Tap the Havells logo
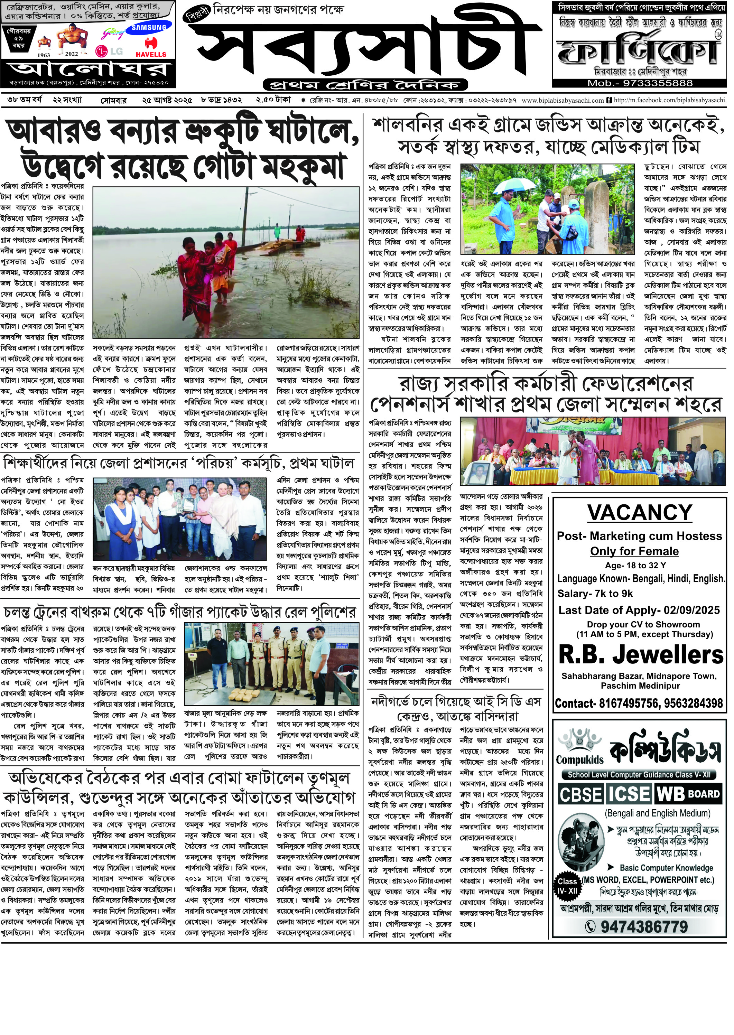pos(151,48)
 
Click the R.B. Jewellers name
pos(641,655)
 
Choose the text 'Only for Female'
pos(634,551)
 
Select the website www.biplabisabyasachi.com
pos(563,100)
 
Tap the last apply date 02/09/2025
pos(691,610)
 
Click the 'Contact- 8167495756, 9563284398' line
pos(639,703)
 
